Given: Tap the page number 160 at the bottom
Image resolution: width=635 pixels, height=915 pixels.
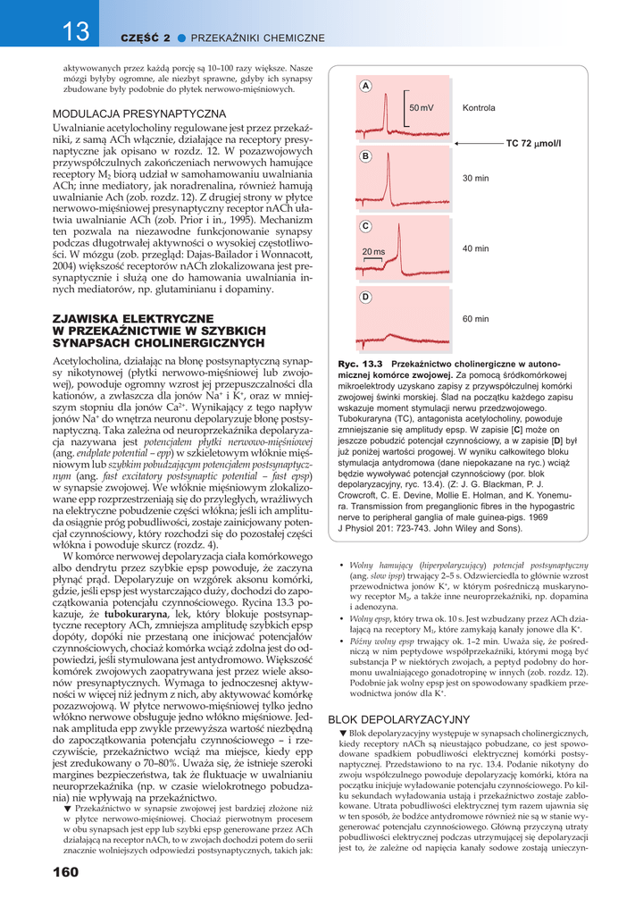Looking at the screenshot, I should click(66, 871).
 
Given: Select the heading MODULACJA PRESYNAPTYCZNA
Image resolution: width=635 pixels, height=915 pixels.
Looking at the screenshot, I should click(139, 114).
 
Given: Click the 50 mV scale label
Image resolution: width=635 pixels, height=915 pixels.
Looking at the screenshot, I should click(422, 108).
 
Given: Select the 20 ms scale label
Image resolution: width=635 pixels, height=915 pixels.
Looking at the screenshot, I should click(373, 252).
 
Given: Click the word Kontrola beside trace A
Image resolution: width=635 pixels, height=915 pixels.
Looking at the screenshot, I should click(479, 108).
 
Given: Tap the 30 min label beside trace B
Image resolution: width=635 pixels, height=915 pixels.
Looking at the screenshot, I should click(475, 179).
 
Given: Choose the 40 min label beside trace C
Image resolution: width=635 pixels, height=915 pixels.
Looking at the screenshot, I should click(475, 248).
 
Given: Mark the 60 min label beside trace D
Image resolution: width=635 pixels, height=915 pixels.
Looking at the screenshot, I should click(475, 319).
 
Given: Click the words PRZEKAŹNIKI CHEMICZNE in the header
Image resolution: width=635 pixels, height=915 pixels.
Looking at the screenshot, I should click(258, 38).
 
